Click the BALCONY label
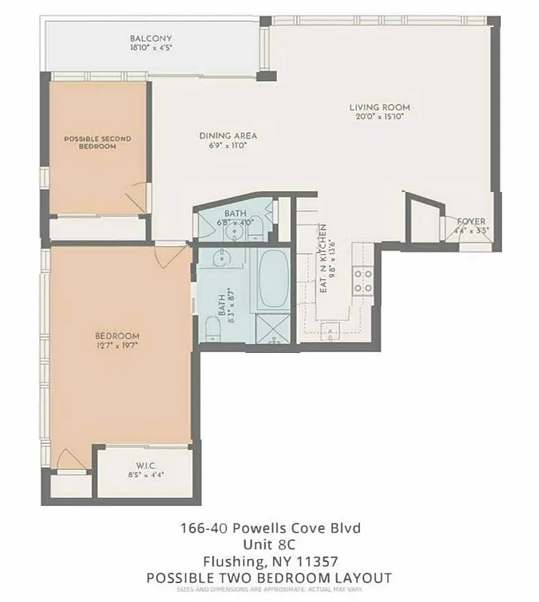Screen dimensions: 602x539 click(151, 38)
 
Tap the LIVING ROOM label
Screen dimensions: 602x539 click(379, 107)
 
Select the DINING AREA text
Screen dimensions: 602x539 click(228, 135)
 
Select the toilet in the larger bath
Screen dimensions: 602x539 click(211, 328)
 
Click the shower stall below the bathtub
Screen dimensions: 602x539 click(272, 328)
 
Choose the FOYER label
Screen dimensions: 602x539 click(471, 220)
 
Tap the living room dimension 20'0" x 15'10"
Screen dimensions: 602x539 click(379, 117)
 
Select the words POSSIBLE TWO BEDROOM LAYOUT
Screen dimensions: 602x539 click(269, 577)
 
